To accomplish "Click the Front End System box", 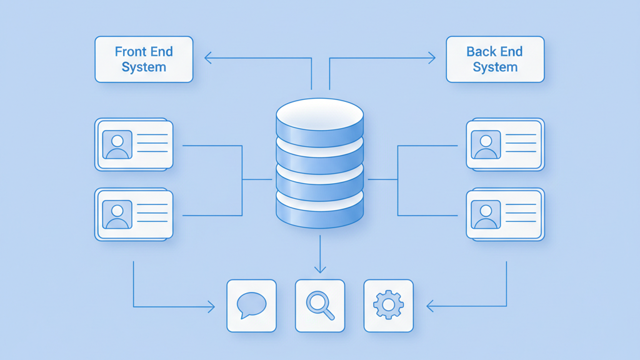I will (144, 59).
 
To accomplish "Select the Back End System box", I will (495, 59).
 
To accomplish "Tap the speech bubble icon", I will (251, 305).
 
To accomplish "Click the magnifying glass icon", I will (320, 305).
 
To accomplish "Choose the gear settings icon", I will (388, 305).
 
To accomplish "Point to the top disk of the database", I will (319, 115).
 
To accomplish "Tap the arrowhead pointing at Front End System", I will (208, 59).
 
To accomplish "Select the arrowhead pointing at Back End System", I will (431, 59).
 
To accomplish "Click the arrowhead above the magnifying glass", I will (320, 269).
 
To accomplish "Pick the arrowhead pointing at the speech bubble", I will (211, 306).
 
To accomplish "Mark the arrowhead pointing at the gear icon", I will (430, 306).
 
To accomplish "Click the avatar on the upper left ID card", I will (117, 145).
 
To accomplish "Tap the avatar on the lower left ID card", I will (117, 215).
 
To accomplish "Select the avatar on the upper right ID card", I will (486, 145).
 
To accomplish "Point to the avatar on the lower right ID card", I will (486, 215).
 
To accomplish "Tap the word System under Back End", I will (495, 67).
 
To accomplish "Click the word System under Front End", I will (144, 67).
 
